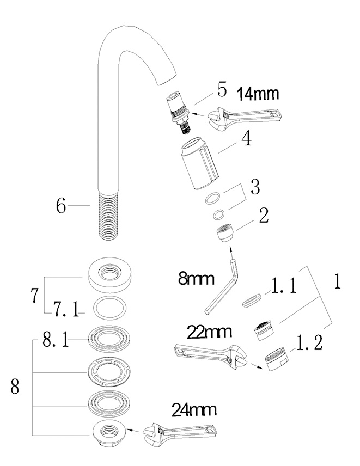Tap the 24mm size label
(194, 410)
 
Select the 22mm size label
(209, 332)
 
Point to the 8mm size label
(196, 279)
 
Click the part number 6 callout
(61, 205)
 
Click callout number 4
(246, 138)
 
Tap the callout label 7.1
(66, 309)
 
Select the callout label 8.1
(56, 340)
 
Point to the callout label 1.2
(309, 343)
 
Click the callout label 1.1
(284, 286)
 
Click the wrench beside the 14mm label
(245, 116)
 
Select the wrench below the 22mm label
(210, 354)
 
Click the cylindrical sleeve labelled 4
(199, 163)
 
